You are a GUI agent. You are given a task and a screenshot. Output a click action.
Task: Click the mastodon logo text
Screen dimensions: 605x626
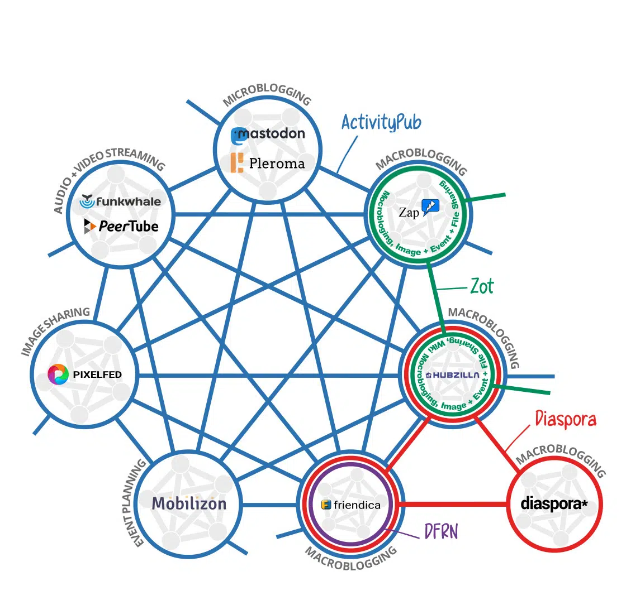pyautogui.click(x=268, y=134)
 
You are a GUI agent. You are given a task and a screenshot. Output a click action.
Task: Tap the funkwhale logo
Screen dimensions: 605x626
pyautogui.click(x=121, y=201)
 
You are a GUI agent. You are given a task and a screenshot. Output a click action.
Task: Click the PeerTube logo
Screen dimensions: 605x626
pyautogui.click(x=121, y=226)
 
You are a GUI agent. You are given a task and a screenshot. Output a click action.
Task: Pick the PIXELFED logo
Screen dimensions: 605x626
pyautogui.click(x=85, y=374)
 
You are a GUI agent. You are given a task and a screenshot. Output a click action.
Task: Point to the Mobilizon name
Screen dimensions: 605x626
pyautogui.click(x=189, y=503)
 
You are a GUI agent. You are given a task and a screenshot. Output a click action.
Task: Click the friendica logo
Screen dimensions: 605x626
pyautogui.click(x=351, y=505)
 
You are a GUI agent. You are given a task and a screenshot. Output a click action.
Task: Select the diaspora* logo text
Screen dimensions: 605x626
pyautogui.click(x=554, y=504)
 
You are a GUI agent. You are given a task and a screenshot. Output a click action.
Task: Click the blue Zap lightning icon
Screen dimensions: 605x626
pyautogui.click(x=430, y=208)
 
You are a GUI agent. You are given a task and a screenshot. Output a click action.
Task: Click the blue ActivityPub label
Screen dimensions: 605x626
pyautogui.click(x=382, y=122)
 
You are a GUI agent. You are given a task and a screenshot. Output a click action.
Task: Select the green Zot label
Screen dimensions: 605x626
pyautogui.click(x=481, y=286)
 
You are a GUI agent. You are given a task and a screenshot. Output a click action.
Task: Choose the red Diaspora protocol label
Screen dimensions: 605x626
pyautogui.click(x=566, y=418)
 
